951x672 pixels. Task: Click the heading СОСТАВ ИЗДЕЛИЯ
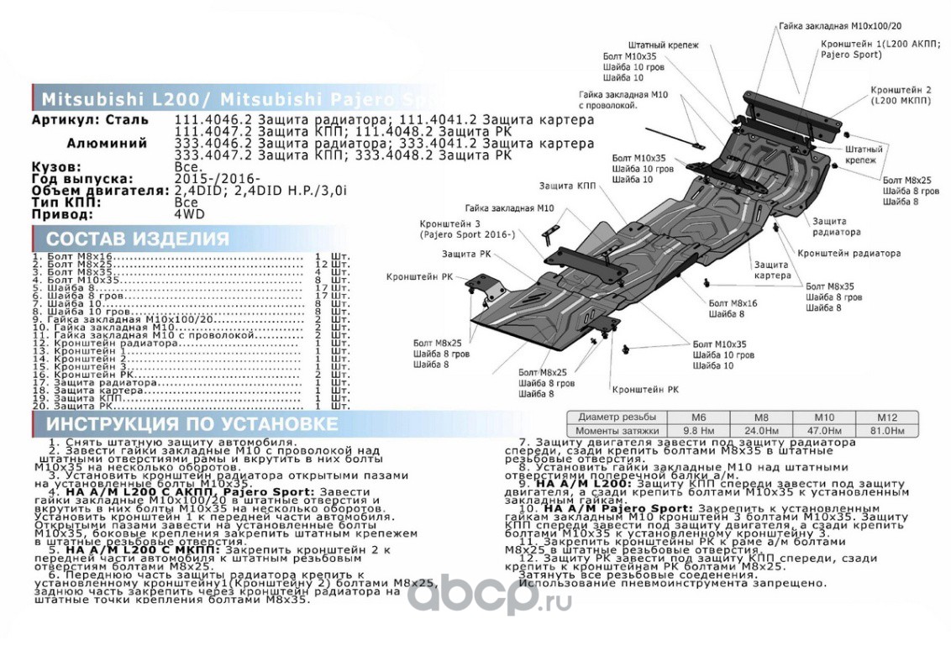[137, 239]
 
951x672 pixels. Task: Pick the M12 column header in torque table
[886, 417]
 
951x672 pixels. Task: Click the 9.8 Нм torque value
[695, 430]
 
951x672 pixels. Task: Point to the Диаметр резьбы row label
[616, 417]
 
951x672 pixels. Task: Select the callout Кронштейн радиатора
[849, 253]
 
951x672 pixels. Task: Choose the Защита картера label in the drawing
[772, 270]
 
